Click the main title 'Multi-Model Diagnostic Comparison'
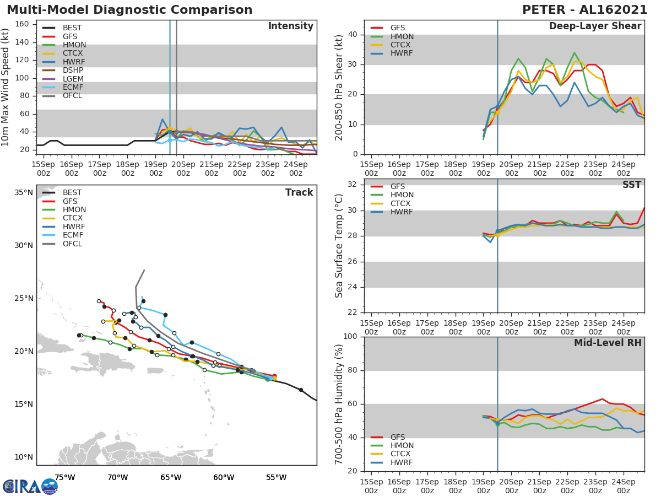point(129,10)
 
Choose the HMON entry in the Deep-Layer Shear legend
point(402,36)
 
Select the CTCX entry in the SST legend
point(402,203)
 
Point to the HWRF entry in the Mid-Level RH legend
point(402,462)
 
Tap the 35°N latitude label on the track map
point(24,192)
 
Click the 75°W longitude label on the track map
point(65,477)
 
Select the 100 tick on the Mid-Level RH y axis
point(351,337)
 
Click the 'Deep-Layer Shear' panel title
point(595,26)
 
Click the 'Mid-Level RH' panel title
point(608,343)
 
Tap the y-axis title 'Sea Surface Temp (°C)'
point(339,246)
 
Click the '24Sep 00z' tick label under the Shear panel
point(623,168)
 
